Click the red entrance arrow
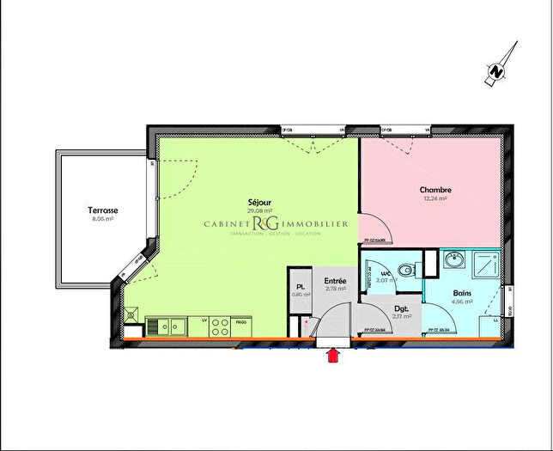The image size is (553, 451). [x=332, y=356]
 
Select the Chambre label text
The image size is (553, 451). [x=435, y=190]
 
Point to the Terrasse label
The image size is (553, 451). [x=102, y=210]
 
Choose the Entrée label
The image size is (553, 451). [x=335, y=281]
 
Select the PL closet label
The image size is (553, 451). [x=301, y=287]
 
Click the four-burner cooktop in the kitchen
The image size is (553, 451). [x=219, y=326]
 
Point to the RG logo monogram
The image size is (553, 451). [x=258, y=224]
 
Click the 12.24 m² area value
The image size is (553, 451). [x=435, y=198]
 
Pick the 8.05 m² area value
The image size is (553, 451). [x=103, y=219]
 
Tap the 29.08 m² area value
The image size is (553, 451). [x=259, y=210]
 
